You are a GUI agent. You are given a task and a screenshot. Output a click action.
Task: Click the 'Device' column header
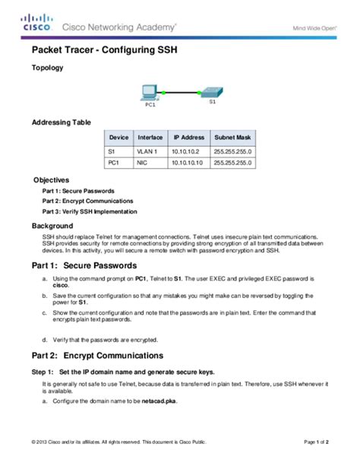118,138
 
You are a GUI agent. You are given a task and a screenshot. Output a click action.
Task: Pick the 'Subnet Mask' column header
233,138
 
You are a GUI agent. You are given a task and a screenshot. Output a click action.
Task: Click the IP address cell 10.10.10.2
188,151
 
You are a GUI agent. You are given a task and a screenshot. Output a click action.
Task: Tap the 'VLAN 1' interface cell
147,151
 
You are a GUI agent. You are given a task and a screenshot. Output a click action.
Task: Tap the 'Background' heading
52,226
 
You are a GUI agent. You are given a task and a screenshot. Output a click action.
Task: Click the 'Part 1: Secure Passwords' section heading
84,266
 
